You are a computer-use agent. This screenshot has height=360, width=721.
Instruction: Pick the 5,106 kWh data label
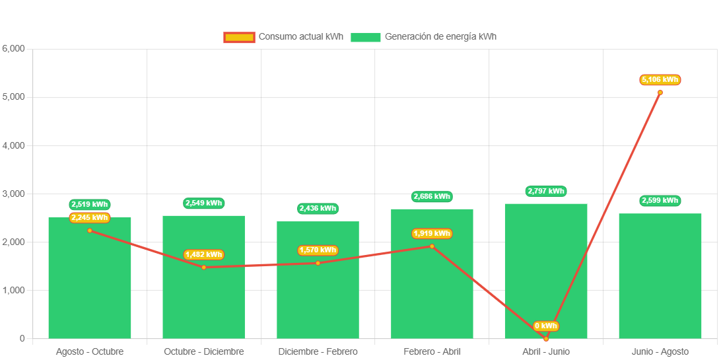(x=660, y=80)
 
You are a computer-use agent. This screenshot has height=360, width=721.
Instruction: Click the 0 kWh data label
(x=546, y=326)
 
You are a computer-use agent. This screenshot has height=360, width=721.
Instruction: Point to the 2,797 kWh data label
(x=546, y=192)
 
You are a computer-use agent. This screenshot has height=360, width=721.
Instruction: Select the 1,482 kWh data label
(x=204, y=254)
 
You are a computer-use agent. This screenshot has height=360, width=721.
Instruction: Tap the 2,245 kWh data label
(x=90, y=217)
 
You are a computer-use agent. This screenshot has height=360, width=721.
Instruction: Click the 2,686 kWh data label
(x=432, y=196)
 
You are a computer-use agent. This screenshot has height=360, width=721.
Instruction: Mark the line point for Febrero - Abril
(x=432, y=246)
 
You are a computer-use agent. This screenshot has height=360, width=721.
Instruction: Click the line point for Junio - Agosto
(x=660, y=92)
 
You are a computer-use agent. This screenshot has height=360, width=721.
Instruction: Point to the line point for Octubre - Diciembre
(x=204, y=267)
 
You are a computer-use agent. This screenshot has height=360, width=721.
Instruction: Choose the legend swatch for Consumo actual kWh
(x=238, y=37)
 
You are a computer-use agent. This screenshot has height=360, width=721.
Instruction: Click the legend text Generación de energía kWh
(x=440, y=37)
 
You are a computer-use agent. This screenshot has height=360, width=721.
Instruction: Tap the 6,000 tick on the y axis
(x=13, y=48)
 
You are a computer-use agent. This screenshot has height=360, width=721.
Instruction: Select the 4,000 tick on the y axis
(x=13, y=145)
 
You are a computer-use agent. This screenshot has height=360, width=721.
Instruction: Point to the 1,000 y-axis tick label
(x=13, y=290)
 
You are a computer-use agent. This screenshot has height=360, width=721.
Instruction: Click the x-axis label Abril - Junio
(x=546, y=351)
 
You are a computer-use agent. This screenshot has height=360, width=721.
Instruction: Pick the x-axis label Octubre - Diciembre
(x=204, y=351)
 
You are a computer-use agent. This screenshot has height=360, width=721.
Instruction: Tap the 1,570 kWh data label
(x=318, y=250)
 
